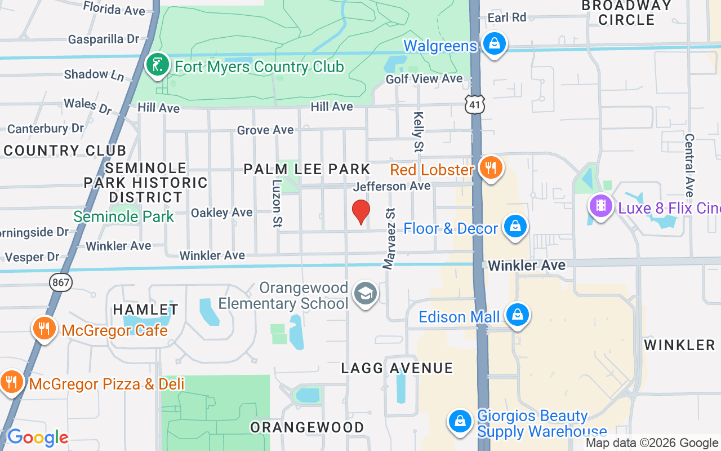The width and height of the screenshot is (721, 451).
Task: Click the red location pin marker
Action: tap(360, 212)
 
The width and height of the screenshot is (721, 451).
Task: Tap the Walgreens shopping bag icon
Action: tap(494, 44)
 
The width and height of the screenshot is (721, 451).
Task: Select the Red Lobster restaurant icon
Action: tap(491, 167)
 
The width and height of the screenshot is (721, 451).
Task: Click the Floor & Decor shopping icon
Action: tap(514, 227)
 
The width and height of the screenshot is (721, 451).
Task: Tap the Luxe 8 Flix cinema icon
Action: tap(601, 206)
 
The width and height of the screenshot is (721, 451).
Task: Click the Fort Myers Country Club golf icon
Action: tap(157, 65)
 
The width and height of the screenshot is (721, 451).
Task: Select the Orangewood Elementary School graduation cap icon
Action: tap(365, 294)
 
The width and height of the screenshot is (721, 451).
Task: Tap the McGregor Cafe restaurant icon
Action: tap(43, 328)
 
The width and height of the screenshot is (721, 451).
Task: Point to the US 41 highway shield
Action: tap(475, 104)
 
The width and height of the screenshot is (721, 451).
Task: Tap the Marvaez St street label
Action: tap(390, 238)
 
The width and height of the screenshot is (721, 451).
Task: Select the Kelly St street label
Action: tap(419, 132)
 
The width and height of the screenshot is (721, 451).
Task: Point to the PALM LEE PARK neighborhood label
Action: tap(307, 169)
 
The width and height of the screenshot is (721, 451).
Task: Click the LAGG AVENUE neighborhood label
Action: tap(397, 368)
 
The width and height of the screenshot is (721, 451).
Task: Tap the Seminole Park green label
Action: tap(124, 216)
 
